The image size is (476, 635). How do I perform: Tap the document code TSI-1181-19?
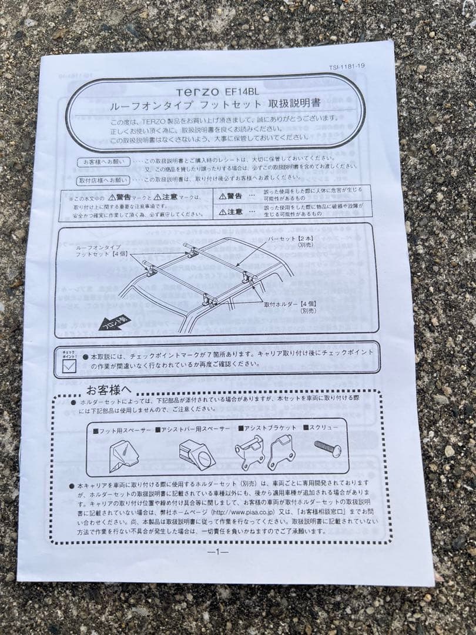tap(347, 66)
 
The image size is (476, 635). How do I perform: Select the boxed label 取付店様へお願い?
tap(103, 179)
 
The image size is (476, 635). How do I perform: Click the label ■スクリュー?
tap(320, 427)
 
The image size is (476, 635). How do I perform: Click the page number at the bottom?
tap(217, 552)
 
